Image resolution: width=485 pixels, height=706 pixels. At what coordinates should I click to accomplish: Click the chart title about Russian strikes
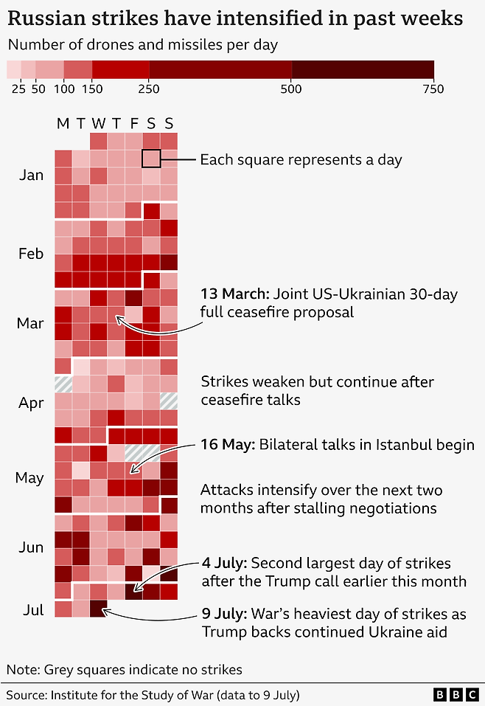[235, 18]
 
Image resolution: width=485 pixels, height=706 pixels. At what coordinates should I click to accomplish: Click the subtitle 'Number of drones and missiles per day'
[142, 45]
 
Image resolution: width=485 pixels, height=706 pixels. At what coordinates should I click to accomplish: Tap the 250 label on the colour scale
[150, 89]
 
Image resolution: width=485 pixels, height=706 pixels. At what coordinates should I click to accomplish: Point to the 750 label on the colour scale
[433, 89]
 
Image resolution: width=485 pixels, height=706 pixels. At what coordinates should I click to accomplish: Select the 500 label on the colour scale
[291, 89]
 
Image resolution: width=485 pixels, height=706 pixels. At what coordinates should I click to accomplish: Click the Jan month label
[31, 176]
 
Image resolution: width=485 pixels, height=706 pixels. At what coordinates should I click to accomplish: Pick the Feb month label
[31, 254]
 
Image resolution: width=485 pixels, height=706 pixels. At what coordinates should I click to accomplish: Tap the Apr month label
[31, 404]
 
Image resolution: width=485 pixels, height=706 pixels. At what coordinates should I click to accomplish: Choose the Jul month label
[33, 610]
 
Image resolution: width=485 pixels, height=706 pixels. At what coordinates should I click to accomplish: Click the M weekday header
[63, 123]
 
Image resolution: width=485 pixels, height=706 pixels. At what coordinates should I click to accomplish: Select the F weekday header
[133, 123]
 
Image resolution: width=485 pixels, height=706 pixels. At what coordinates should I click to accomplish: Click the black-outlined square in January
[151, 159]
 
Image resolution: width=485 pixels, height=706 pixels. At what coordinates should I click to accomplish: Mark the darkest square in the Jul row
[98, 609]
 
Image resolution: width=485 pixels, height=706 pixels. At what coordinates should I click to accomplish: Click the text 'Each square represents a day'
[301, 159]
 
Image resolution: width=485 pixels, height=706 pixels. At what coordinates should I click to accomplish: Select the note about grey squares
[124, 670]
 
